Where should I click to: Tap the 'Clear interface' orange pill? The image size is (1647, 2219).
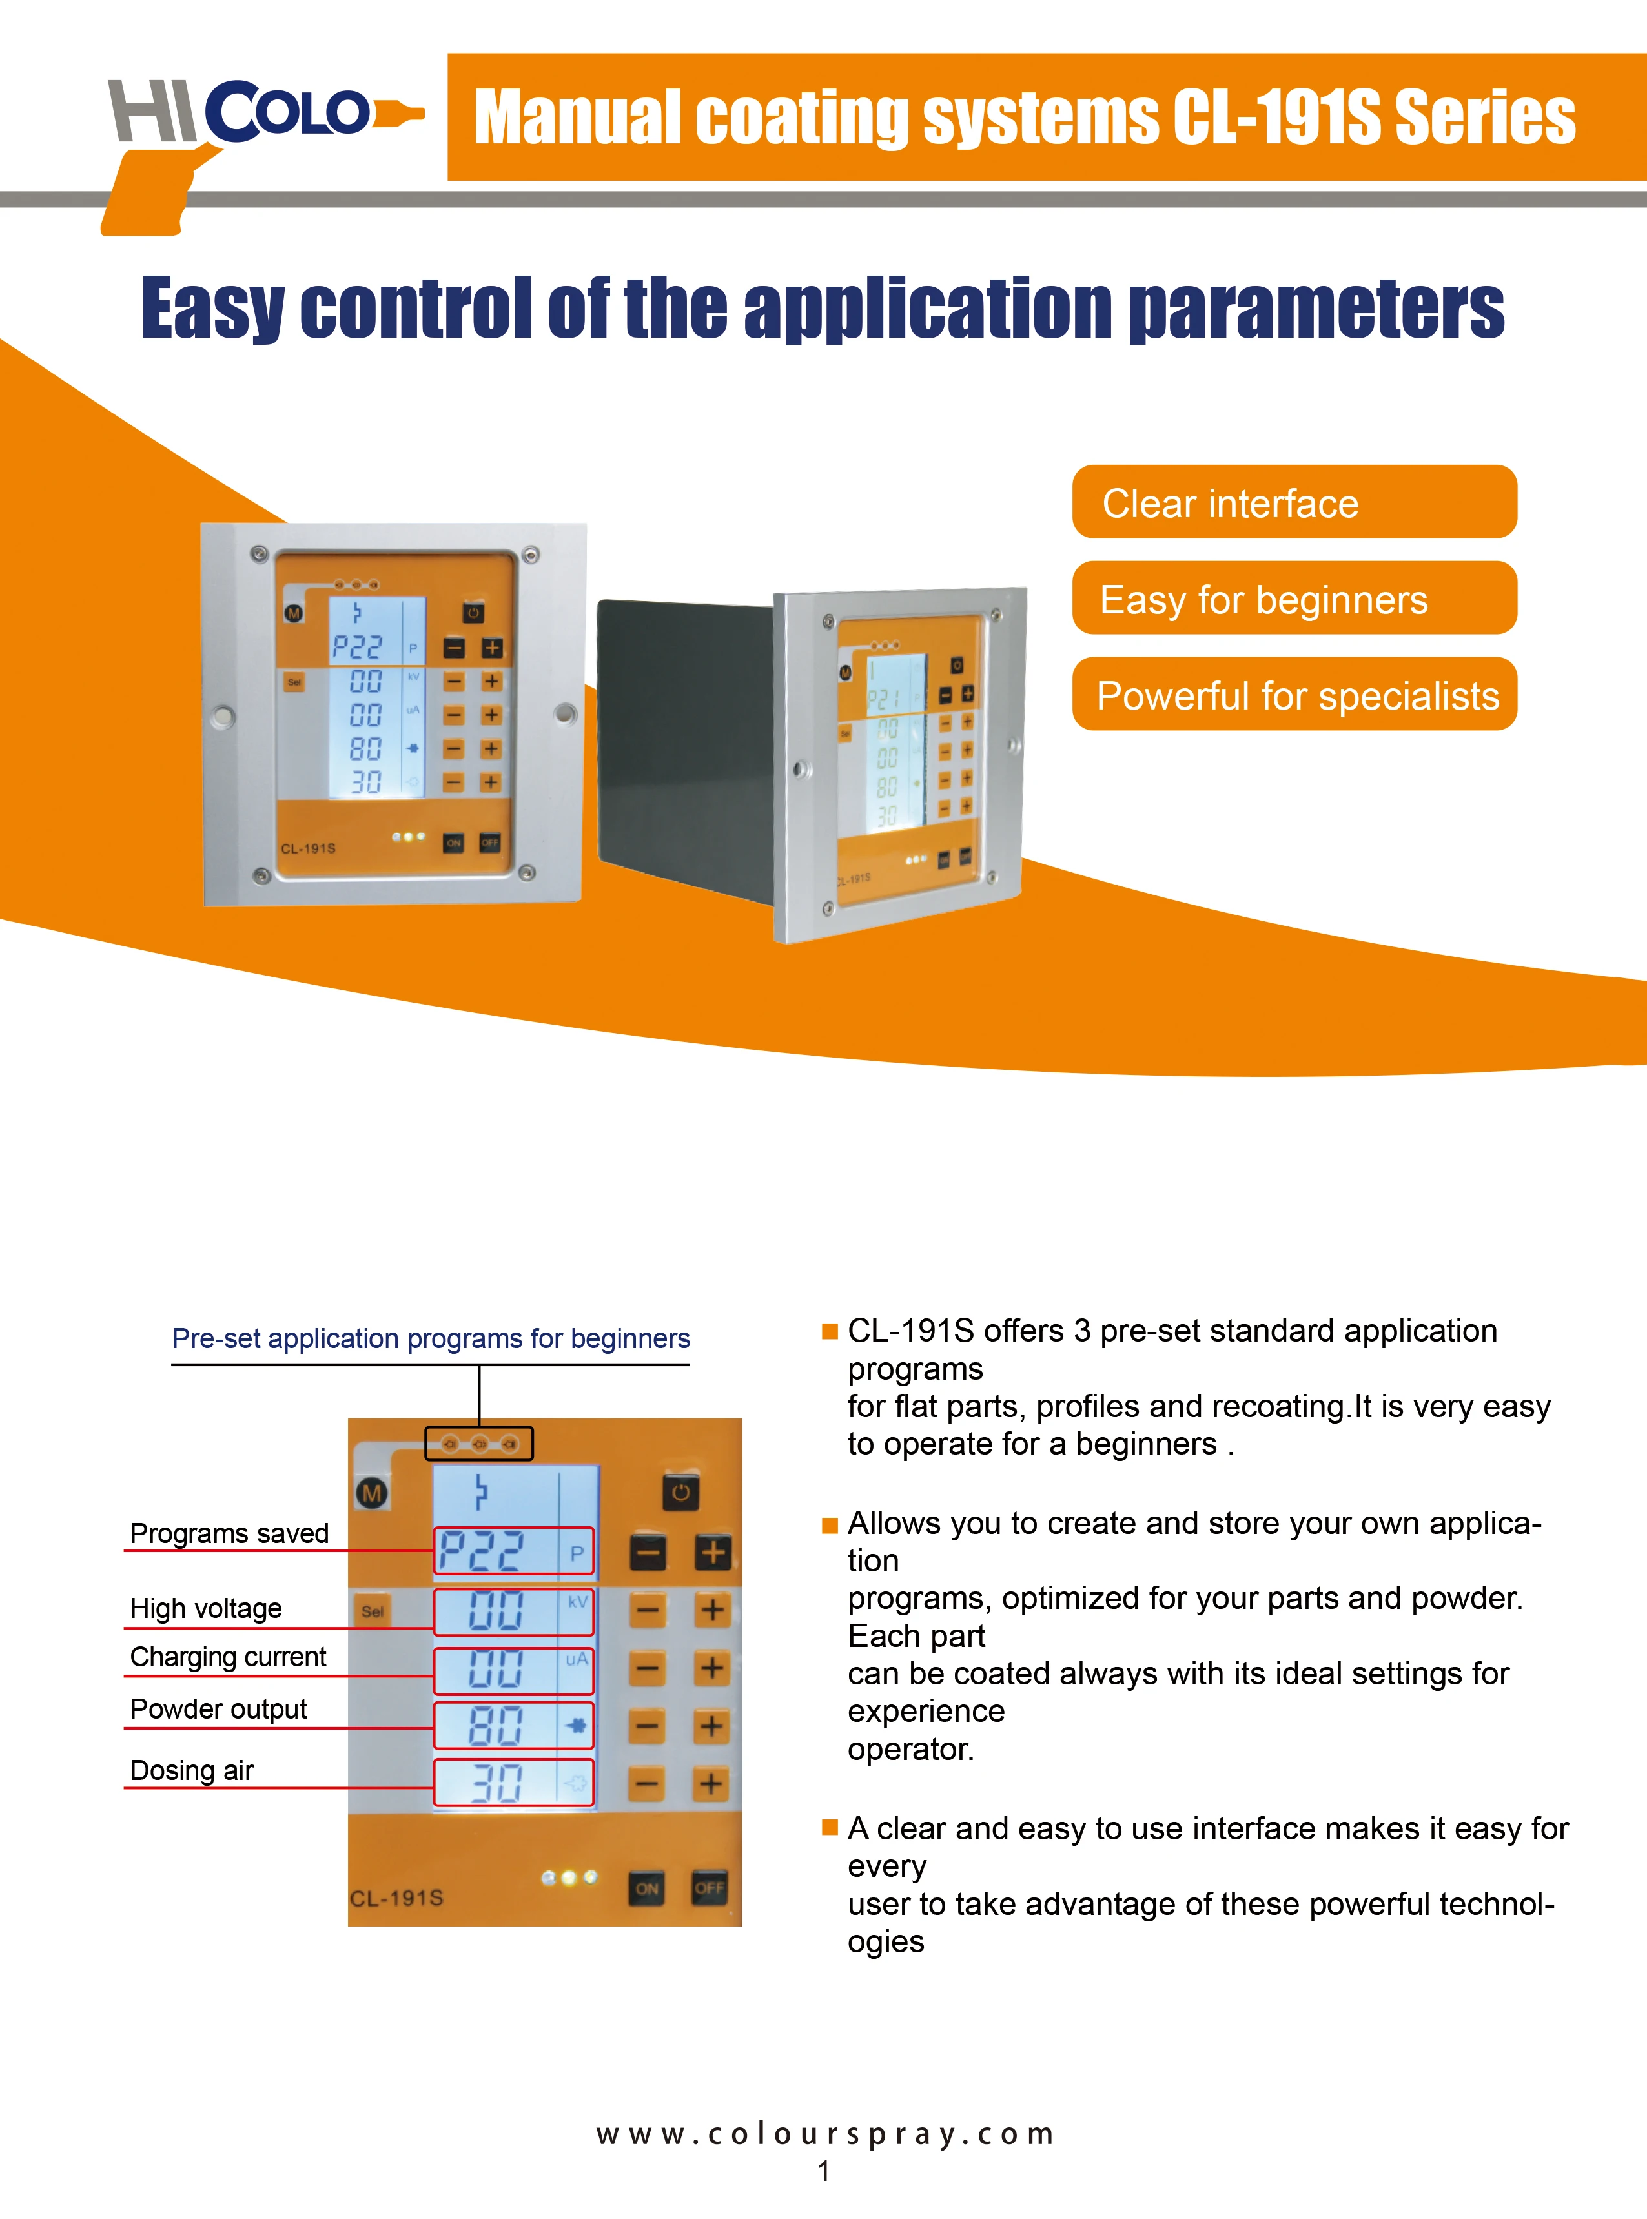1294,502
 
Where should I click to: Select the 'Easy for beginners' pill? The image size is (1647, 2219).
1294,599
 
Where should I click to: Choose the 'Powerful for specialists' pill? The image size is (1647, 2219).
1294,695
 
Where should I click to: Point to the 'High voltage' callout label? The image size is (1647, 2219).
207,1608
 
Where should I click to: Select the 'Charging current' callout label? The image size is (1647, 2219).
229,1657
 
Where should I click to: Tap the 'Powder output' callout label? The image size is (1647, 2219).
218,1708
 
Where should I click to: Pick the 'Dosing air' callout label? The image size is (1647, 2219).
192,1770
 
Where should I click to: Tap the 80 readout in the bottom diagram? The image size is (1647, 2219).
495,1726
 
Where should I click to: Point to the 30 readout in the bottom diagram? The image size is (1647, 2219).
495,1783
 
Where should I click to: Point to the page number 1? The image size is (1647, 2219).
824,2171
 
